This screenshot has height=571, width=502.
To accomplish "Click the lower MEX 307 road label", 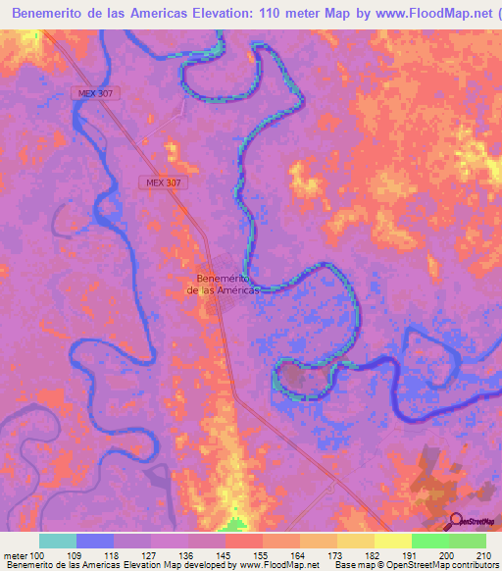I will [159, 182].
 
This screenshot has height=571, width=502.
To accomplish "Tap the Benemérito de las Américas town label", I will [224, 284].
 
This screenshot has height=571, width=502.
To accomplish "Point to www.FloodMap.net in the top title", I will [436, 13].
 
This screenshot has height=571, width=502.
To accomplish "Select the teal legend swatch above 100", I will [58, 541].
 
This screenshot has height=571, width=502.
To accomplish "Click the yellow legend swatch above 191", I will [392, 541].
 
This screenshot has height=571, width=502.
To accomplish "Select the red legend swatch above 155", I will [243, 541].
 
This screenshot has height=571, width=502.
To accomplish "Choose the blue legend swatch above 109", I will [95, 541].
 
